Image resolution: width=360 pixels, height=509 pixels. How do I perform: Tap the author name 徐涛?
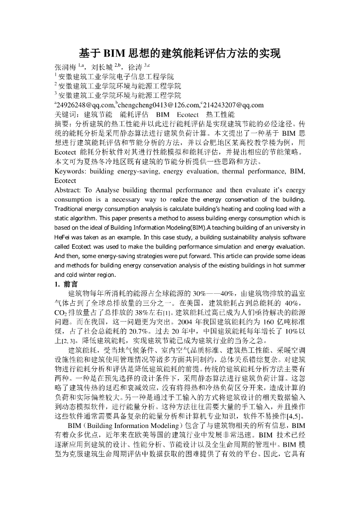click(x=135, y=67)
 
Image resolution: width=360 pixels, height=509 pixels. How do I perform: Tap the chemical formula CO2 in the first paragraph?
click(x=61, y=313)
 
